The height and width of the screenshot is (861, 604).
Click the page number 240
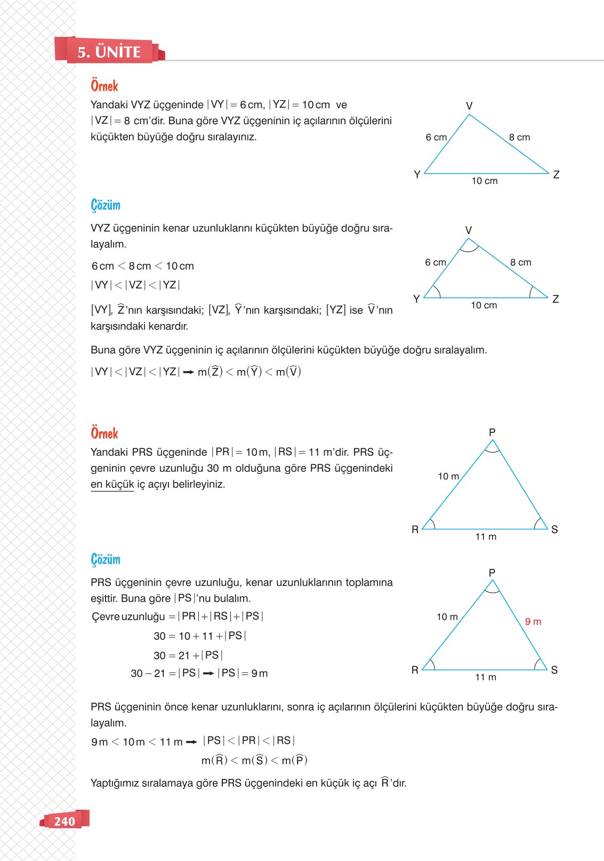click(65, 821)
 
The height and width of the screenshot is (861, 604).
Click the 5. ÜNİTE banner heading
click(109, 52)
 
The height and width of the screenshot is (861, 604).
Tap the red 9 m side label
click(533, 622)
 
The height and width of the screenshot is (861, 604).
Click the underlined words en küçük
click(112, 484)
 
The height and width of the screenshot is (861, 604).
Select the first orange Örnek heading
click(104, 86)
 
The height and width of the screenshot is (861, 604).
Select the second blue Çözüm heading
click(106, 559)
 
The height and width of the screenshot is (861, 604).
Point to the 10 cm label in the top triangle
click(484, 181)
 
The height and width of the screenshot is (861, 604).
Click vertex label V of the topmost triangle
click(469, 106)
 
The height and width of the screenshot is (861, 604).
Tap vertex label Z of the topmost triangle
click(556, 174)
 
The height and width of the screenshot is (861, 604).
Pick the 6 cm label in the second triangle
click(436, 262)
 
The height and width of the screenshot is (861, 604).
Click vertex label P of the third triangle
click(492, 432)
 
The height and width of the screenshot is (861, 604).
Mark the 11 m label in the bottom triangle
click(485, 677)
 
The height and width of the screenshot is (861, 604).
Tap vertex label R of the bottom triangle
click(415, 670)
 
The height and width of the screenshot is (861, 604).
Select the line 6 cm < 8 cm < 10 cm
click(143, 266)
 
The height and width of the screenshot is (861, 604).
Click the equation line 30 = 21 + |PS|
click(188, 655)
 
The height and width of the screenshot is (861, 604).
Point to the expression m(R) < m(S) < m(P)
click(254, 760)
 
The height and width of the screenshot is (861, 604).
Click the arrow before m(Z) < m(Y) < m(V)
click(188, 373)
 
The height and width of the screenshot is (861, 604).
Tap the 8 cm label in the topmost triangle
click(519, 137)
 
